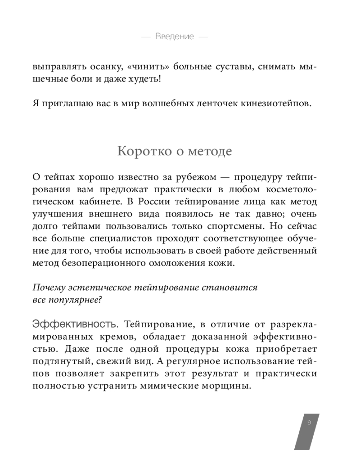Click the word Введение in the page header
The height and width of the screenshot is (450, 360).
[x=175, y=36]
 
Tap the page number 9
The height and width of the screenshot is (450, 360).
[x=309, y=423]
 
